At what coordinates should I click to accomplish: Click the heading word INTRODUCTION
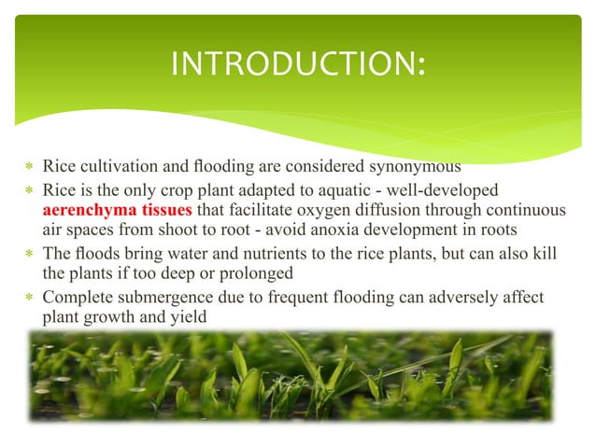(x=297, y=65)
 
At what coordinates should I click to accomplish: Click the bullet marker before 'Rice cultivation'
(x=27, y=169)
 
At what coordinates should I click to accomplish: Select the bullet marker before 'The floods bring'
(x=27, y=257)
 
